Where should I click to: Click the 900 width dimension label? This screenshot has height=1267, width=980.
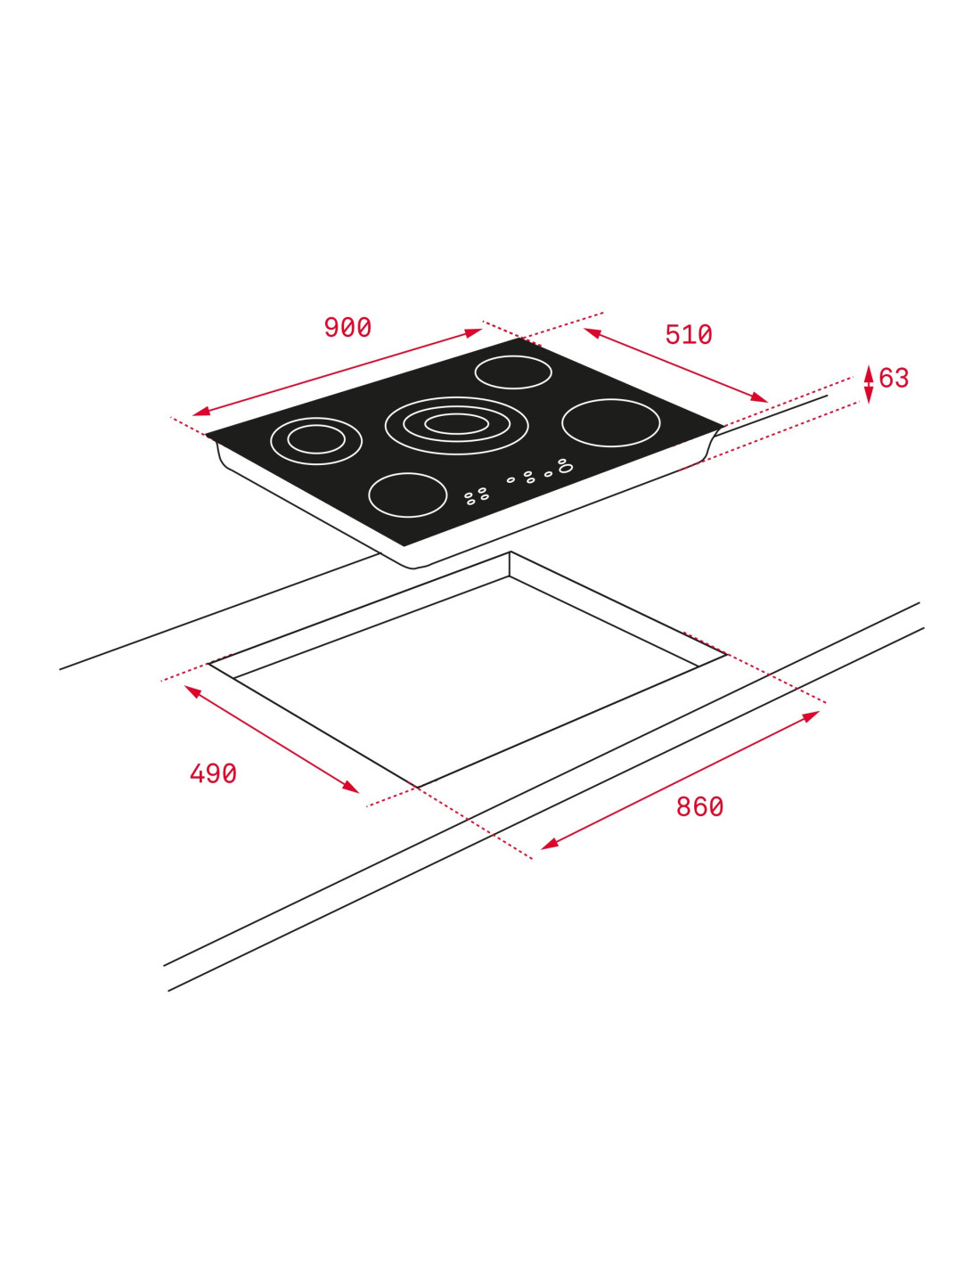[x=347, y=327]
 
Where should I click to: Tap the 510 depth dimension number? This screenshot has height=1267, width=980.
[x=689, y=335]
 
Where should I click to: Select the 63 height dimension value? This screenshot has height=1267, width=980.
[x=894, y=378]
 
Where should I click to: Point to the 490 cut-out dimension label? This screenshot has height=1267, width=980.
[x=214, y=773]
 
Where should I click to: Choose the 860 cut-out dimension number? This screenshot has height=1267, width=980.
[x=699, y=807]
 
